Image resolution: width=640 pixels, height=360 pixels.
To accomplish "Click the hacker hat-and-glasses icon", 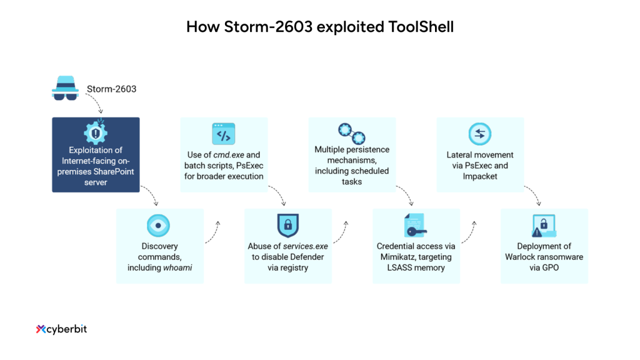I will coord(65,89).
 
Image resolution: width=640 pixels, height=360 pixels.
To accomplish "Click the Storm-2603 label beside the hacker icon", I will coord(111,89).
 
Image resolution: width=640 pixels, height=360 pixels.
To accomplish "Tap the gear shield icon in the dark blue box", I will coord(96,132).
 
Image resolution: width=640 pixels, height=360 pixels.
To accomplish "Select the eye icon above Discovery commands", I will coord(158,225).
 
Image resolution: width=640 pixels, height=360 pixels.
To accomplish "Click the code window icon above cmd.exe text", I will coord(223,134).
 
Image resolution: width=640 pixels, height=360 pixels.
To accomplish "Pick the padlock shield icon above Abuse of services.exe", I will coord(287,226).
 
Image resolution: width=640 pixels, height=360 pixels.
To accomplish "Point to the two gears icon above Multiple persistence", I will coord(351,132).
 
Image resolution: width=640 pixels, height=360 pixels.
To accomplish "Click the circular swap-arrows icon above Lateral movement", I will coord(479,134).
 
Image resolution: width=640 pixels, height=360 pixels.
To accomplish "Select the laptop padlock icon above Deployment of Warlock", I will coord(544,226).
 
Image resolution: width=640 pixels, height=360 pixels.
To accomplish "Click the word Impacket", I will coord(479,176).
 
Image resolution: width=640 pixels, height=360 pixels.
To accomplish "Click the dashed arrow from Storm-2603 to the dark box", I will coord(96,104).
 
